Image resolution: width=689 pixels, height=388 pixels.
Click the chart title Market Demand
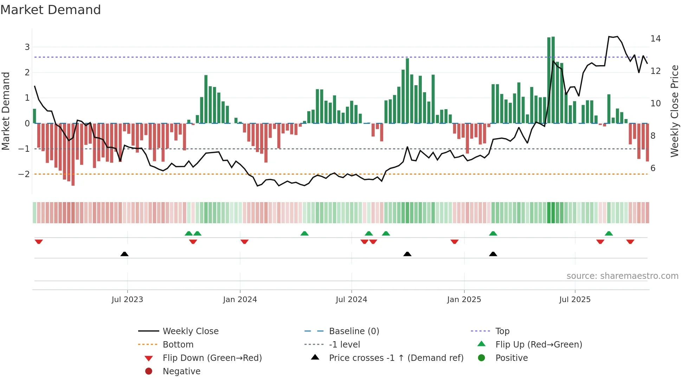click(x=51, y=10)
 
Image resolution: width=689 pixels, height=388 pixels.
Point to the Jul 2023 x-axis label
click(x=127, y=300)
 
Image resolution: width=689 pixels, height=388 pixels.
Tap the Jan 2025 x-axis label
click(x=464, y=300)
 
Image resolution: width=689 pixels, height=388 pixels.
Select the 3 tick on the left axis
click(x=27, y=47)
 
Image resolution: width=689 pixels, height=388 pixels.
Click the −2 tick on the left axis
click(x=24, y=174)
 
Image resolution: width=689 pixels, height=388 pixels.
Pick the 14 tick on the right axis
click(x=656, y=38)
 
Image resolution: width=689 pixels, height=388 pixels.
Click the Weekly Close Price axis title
click(x=674, y=111)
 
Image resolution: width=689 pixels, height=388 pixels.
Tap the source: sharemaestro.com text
click(x=622, y=276)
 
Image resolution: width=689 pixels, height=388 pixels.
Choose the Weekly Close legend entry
click(x=190, y=331)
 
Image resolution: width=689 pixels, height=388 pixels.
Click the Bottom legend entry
click(x=178, y=345)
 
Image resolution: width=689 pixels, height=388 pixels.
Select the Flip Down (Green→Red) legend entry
click(x=212, y=358)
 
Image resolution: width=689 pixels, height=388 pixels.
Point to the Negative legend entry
click(x=181, y=371)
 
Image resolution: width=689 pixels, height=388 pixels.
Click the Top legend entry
click(x=502, y=331)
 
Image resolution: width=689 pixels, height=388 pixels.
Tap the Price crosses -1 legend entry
click(x=396, y=358)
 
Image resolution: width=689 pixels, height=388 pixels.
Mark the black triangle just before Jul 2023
click(x=124, y=254)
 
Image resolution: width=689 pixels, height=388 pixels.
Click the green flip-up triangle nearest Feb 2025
click(x=493, y=233)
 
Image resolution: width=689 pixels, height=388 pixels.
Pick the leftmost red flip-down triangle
click(x=39, y=242)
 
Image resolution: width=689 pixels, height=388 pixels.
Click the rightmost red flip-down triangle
click(x=630, y=242)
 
